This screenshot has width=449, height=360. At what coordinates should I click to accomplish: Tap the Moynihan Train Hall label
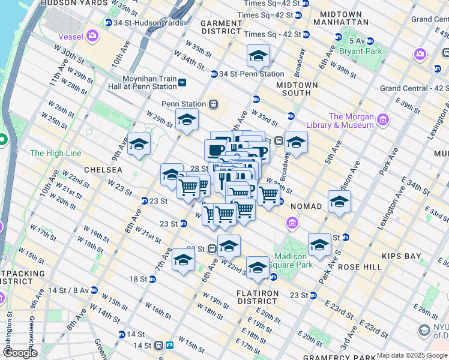coord(148,83)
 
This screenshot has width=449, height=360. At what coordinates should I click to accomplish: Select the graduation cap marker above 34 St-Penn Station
coord(258,57)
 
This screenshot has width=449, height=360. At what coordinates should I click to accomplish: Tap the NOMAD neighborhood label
coord(306,206)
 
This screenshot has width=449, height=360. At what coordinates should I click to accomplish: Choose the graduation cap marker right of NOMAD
coord(339,203)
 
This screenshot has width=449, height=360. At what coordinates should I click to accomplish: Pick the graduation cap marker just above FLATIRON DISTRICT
coord(258,268)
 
